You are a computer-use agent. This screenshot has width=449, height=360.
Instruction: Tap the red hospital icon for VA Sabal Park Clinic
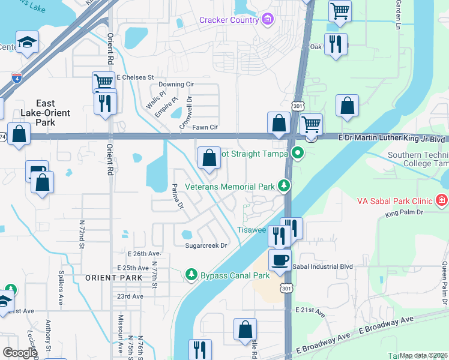pyautogui.click(x=442, y=199)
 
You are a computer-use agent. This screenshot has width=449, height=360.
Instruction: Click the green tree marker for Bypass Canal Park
pyautogui.click(x=191, y=275)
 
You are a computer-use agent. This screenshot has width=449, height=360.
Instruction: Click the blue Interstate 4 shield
pyautogui.click(x=17, y=78)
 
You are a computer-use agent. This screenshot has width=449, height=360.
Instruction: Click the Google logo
pyautogui.click(x=19, y=353)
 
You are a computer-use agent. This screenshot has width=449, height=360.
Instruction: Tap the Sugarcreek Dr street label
pyautogui.click(x=206, y=245)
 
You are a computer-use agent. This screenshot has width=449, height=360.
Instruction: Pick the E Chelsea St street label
pyautogui.click(x=136, y=77)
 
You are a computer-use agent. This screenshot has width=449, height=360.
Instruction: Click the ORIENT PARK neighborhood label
pyautogui.click(x=114, y=278)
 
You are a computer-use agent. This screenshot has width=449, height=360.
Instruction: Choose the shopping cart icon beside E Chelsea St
pyautogui.click(x=103, y=82)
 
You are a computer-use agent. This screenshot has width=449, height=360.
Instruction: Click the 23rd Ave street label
pyautogui.click(x=130, y=296)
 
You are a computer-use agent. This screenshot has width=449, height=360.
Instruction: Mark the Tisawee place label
pyautogui.click(x=252, y=230)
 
